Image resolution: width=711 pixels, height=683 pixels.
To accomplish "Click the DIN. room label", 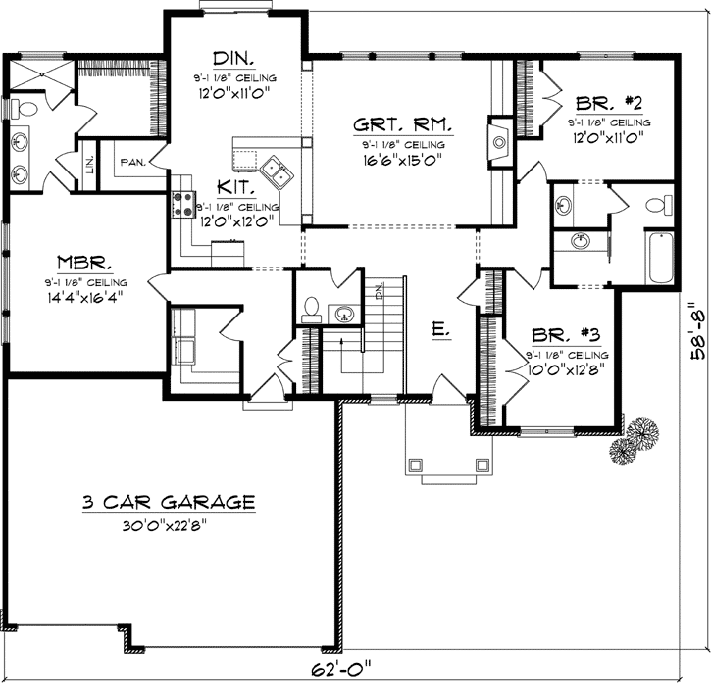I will point(235,56).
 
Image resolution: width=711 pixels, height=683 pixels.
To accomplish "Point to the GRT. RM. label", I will point(402,124).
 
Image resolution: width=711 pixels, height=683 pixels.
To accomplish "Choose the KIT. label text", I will point(238,186).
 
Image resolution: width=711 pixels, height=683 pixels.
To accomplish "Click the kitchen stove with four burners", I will point(183,205).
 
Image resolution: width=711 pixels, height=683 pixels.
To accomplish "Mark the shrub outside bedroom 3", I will point(635,439).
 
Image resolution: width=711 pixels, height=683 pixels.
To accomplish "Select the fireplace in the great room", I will point(500,142).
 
